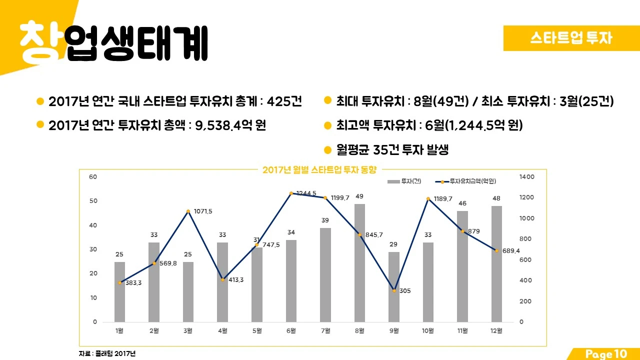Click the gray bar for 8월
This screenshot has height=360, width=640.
[x=359, y=262]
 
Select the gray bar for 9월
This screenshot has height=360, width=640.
[x=394, y=286]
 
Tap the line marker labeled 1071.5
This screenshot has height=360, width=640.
[x=188, y=211]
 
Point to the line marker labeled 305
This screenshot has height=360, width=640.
[x=394, y=290]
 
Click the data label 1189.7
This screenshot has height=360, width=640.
[x=443, y=199]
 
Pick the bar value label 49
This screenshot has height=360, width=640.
[x=359, y=196]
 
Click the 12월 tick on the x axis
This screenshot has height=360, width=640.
[x=496, y=330]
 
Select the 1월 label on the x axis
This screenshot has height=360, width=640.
[x=119, y=330]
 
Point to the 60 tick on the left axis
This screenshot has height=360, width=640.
[x=93, y=177]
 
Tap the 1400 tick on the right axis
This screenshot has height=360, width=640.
[x=527, y=177]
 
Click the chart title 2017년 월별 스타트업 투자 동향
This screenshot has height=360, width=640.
[x=319, y=170]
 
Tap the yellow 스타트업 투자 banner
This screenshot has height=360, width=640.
[x=571, y=38]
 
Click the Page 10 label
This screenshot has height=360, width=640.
[x=605, y=354]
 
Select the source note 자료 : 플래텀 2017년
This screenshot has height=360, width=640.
[x=107, y=353]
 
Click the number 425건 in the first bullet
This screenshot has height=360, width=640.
[x=284, y=101]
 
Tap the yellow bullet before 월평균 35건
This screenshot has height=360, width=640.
[x=328, y=150]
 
